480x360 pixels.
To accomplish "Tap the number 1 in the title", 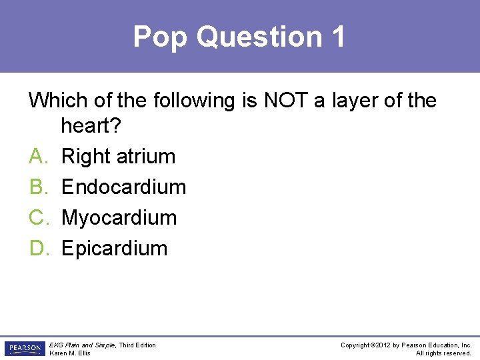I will point(337,37).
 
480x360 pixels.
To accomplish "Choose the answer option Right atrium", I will point(118,157).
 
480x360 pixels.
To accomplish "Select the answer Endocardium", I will point(123,187).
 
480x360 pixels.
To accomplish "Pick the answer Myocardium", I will point(119,218).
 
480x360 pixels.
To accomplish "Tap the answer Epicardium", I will point(114,249).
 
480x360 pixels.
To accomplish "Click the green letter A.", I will point(37,157).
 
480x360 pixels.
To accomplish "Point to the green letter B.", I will point(37,187).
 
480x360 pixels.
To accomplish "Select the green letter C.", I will point(37,218).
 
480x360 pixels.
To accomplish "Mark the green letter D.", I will point(37,249).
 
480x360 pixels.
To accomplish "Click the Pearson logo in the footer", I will point(24,349).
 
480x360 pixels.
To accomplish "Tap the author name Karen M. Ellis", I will point(70,353).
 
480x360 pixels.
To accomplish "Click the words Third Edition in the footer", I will point(138,345).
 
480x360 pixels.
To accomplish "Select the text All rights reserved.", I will point(443,353).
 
